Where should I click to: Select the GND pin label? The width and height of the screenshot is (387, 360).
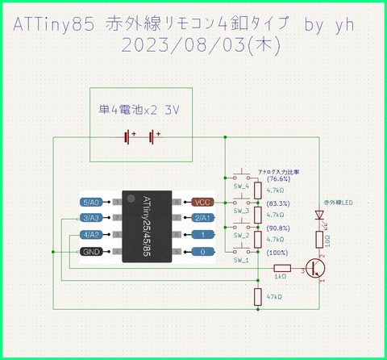(x=89, y=252)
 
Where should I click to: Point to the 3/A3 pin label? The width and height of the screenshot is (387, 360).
(x=89, y=218)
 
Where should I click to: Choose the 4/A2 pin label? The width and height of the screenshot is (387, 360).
(x=89, y=235)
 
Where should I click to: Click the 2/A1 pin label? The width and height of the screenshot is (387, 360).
(x=201, y=218)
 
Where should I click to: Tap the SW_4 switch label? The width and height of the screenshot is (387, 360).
(x=241, y=186)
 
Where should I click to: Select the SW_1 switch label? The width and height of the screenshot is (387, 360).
(x=241, y=261)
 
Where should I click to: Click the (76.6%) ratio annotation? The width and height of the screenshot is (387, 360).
(x=276, y=179)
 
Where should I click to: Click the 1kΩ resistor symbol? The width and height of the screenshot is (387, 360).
(x=281, y=267)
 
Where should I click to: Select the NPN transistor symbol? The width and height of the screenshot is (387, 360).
(x=317, y=268)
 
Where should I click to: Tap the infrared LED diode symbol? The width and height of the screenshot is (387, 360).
(x=320, y=216)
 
